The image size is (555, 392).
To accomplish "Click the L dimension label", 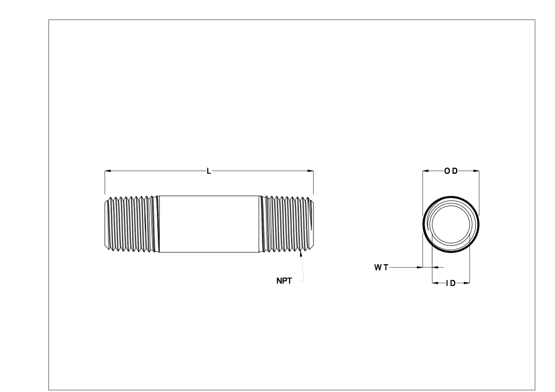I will [x=208, y=171].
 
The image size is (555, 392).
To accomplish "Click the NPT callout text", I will [x=284, y=281].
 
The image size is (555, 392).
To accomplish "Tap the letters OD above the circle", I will [x=451, y=171].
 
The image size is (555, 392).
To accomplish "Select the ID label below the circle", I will [x=451, y=284].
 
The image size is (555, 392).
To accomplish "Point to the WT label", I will [x=381, y=268].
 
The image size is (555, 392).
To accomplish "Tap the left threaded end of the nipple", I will [x=130, y=224].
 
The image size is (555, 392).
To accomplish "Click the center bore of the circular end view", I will [x=451, y=224].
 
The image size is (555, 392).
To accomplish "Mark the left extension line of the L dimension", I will [x=105, y=184].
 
